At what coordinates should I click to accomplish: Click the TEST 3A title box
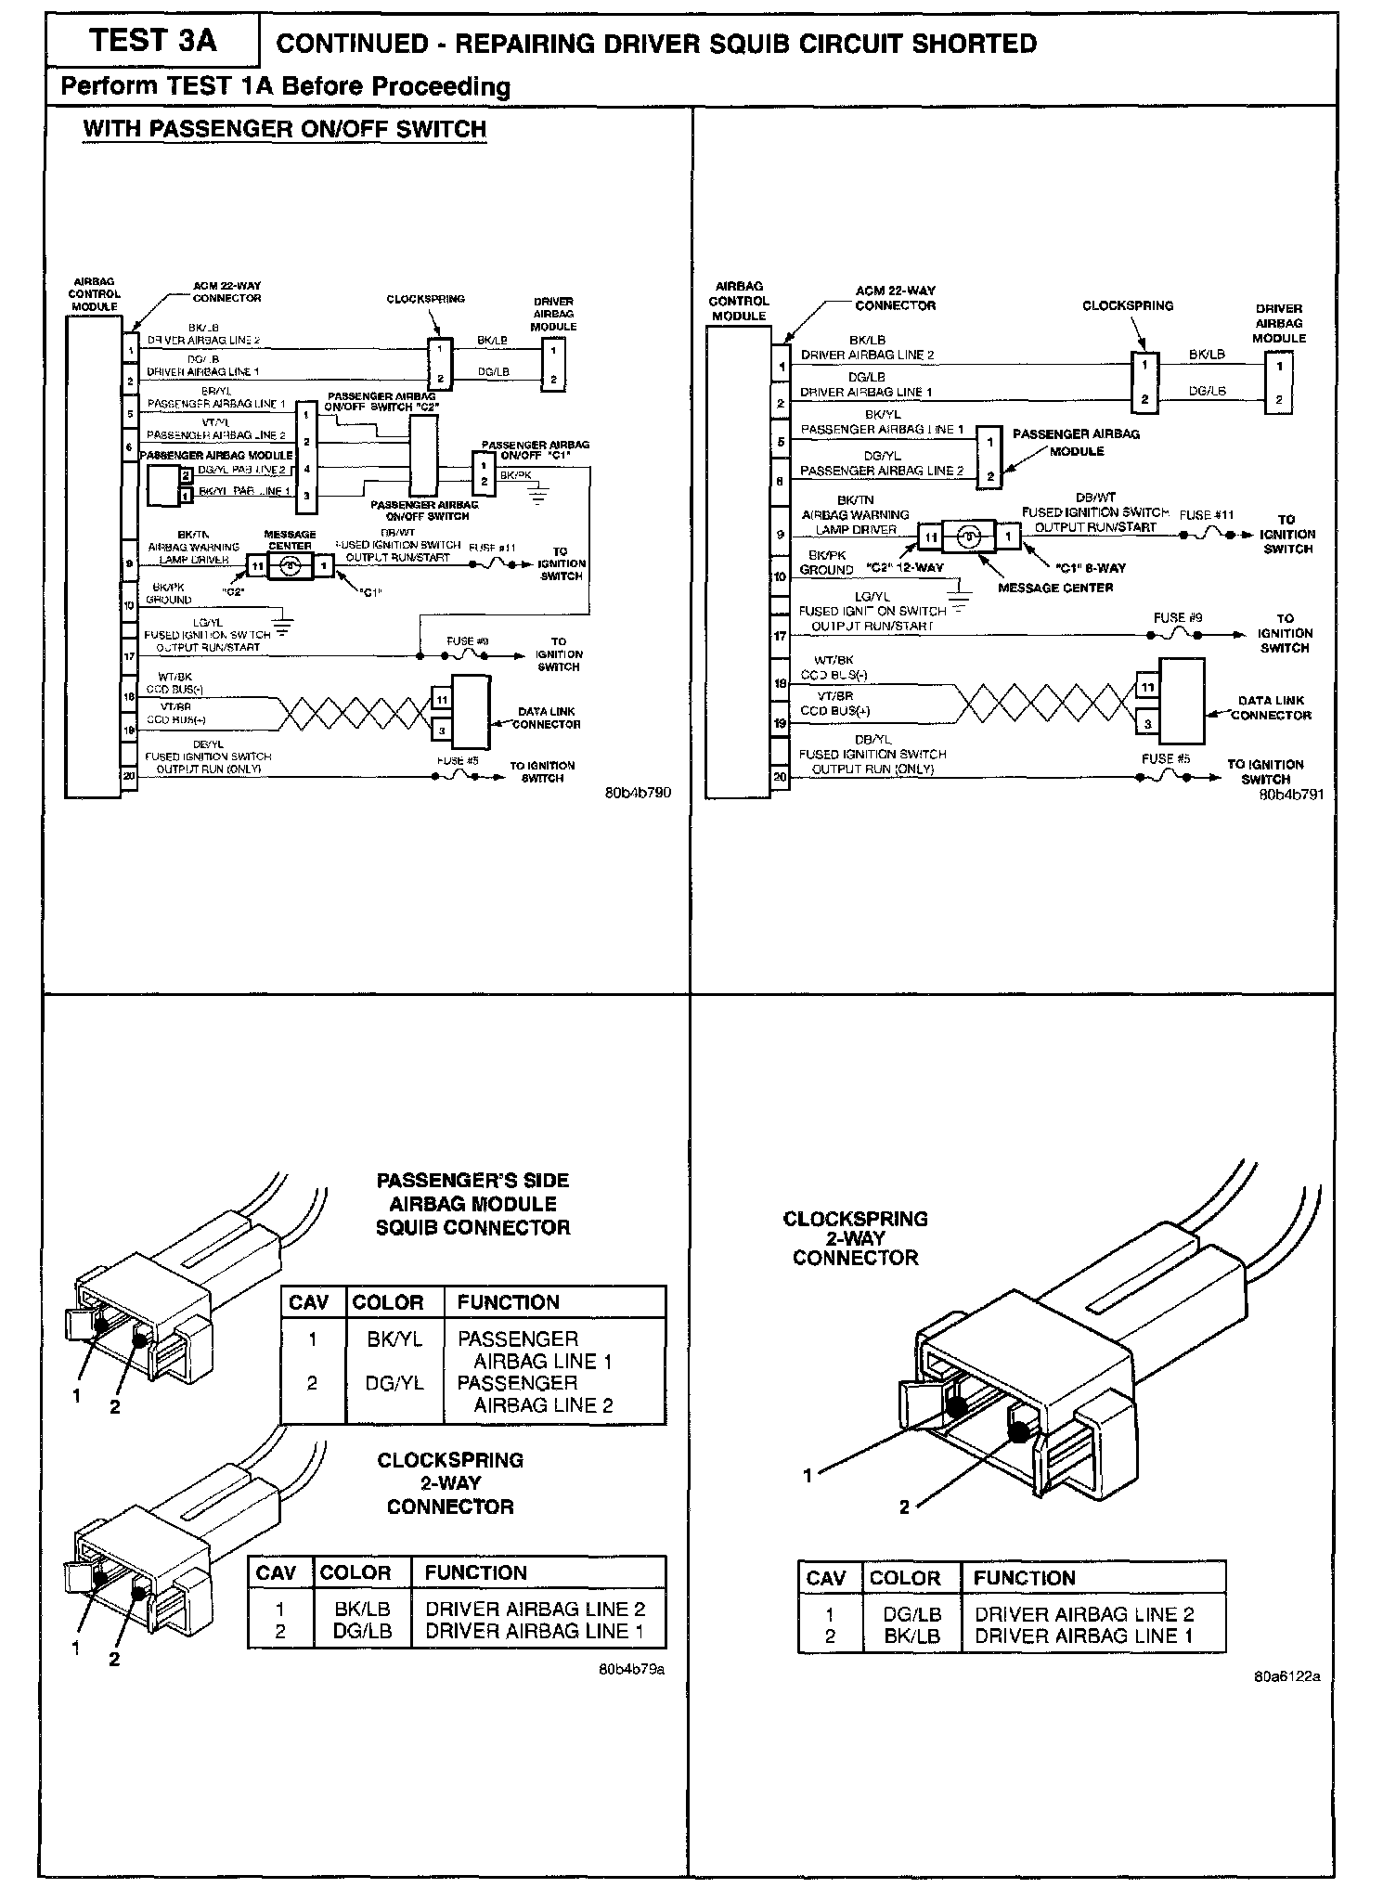coord(153,42)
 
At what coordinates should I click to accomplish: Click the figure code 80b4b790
coord(638,793)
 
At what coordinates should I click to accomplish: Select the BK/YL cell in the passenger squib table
coord(388,1338)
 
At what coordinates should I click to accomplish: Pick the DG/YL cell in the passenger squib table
coord(394,1383)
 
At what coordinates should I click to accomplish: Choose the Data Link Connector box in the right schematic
coord(1181,701)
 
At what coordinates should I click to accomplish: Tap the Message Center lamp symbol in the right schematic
coord(968,537)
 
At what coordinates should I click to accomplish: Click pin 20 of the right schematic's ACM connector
coord(781,778)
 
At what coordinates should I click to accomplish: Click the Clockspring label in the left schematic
coord(426,299)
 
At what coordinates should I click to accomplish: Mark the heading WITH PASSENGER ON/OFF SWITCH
coord(284,128)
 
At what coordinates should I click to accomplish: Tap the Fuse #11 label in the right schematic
coord(1207,515)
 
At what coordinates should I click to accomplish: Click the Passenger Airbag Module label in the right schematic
coord(1076,442)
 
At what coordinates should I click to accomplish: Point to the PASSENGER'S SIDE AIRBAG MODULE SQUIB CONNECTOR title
coord(472,1204)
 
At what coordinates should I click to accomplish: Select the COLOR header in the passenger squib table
coord(388,1302)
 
